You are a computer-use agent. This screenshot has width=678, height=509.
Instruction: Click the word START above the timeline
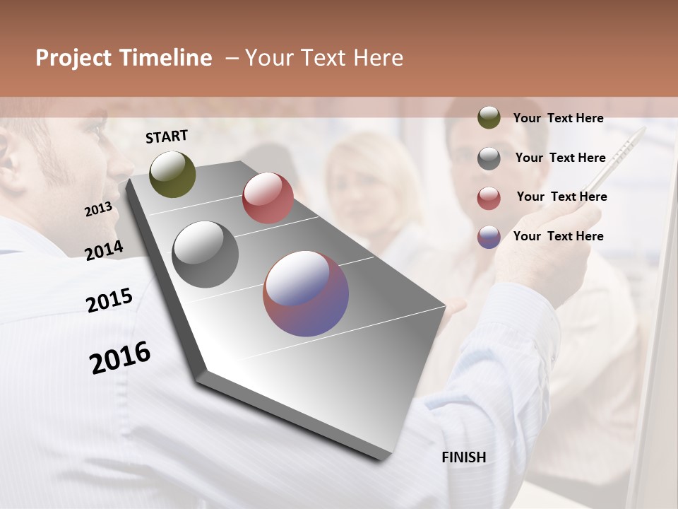pyautogui.click(x=167, y=136)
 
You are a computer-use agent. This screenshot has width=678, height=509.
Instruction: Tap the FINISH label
pyautogui.click(x=463, y=457)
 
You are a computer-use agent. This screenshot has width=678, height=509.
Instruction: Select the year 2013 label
pyautogui.click(x=99, y=209)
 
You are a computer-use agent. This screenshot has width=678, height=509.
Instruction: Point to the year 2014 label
pyautogui.click(x=105, y=251)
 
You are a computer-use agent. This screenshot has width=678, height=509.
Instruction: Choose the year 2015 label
pyautogui.click(x=109, y=300)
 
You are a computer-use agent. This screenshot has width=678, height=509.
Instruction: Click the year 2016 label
pyautogui.click(x=120, y=357)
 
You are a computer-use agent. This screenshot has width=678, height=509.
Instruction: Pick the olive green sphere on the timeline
pyautogui.click(x=172, y=174)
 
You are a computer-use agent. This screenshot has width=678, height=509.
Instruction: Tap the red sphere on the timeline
pyautogui.click(x=268, y=198)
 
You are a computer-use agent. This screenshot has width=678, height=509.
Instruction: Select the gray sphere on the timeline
pyautogui.click(x=205, y=255)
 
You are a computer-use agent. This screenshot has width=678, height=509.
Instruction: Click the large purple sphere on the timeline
pyautogui.click(x=306, y=293)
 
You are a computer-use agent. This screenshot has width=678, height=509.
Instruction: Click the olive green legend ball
pyautogui.click(x=489, y=118)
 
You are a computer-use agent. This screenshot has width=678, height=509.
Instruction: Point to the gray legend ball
pyautogui.click(x=489, y=158)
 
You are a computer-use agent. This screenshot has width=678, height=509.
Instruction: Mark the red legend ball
pyautogui.click(x=489, y=198)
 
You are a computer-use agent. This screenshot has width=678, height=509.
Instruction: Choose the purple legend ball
pyautogui.click(x=489, y=237)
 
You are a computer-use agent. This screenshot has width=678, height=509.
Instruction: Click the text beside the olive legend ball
pyautogui.click(x=558, y=118)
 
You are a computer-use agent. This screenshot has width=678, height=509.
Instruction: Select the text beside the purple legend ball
pyautogui.click(x=558, y=236)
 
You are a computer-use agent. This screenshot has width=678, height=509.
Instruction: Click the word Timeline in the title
pyautogui.click(x=166, y=58)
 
